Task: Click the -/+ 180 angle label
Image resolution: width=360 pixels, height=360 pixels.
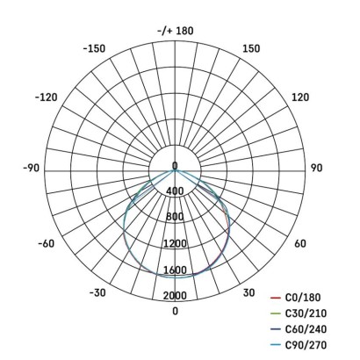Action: pos(175,32)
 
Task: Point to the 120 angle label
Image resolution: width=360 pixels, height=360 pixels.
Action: pos(299,97)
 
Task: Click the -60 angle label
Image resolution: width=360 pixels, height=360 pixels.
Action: pos(49,244)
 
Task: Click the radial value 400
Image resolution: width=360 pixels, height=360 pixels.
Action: pos(175,191)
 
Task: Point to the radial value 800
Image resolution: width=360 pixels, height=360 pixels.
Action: pos(175,217)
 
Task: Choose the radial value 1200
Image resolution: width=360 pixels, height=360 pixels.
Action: pos(175,243)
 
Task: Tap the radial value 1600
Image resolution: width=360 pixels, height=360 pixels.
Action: pos(175,270)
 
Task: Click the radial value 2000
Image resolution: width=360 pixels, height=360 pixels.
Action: pos(175,295)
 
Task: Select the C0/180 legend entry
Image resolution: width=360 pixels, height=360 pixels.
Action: pos(303,298)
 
